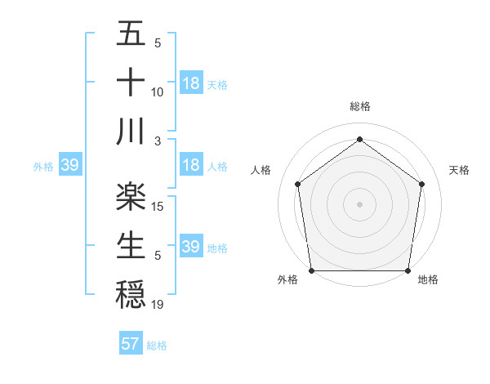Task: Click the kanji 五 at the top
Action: tap(131, 34)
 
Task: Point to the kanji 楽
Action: tap(131, 194)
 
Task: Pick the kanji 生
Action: tap(131, 243)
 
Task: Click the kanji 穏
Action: tap(131, 292)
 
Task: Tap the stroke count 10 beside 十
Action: tap(158, 92)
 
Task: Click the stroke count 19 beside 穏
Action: tap(158, 304)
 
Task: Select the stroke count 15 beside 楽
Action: tap(158, 206)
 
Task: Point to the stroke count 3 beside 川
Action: tap(158, 141)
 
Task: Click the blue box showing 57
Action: tap(130, 344)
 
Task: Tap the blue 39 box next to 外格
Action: tap(69, 166)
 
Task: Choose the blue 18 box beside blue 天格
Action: tap(190, 83)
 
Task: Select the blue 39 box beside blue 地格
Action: tap(190, 247)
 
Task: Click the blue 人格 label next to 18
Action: tap(217, 167)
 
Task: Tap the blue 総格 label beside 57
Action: tap(157, 346)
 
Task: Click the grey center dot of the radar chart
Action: tap(359, 203)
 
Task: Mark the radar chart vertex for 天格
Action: tap(422, 184)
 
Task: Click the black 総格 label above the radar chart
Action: tap(359, 106)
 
